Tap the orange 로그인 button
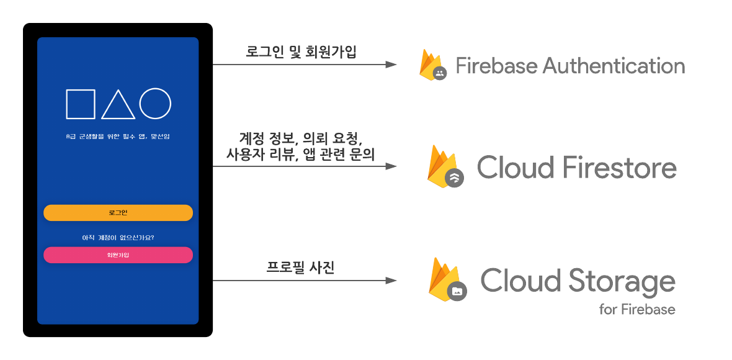click(x=118, y=213)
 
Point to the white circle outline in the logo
click(x=155, y=104)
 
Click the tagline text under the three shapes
click(x=118, y=137)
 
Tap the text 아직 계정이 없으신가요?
click(x=118, y=238)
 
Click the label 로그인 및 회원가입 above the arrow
click(x=301, y=52)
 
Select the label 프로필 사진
click(x=301, y=268)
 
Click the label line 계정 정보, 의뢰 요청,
click(x=301, y=138)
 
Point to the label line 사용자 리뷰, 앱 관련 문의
click(x=301, y=154)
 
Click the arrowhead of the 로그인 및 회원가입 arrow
click(x=391, y=65)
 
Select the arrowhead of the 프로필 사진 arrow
click(x=391, y=281)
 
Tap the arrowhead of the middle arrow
click(x=391, y=166)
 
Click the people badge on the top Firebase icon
click(x=440, y=73)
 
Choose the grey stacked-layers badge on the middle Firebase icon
click(x=454, y=178)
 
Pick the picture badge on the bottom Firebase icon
click(x=457, y=291)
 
